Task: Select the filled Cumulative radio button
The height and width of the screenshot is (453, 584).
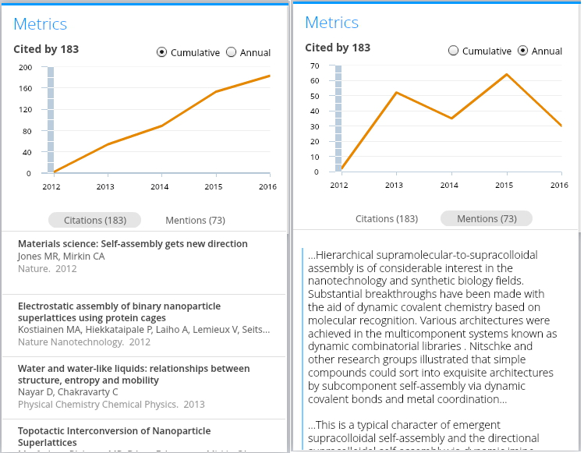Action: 161,53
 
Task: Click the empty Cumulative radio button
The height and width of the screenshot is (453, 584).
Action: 453,51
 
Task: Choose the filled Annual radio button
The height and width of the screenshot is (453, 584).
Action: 522,51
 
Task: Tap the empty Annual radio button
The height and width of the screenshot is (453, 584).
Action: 231,53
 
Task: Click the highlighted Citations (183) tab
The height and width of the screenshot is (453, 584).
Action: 94,220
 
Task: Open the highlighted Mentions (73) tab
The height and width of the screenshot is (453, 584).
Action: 487,218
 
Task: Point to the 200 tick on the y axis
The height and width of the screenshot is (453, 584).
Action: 25,67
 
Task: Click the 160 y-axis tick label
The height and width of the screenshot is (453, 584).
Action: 25,88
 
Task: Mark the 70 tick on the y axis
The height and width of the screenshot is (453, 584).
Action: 314,65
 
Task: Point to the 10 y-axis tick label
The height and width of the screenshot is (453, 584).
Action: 314,157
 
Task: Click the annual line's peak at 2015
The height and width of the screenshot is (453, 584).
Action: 507,75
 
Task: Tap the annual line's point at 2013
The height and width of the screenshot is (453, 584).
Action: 396,93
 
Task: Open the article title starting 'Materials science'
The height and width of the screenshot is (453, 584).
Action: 133,244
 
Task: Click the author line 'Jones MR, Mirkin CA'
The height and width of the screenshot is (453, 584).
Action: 61,257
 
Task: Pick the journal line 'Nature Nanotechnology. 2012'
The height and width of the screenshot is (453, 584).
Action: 84,342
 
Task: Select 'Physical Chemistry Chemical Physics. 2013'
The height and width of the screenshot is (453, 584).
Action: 111,405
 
